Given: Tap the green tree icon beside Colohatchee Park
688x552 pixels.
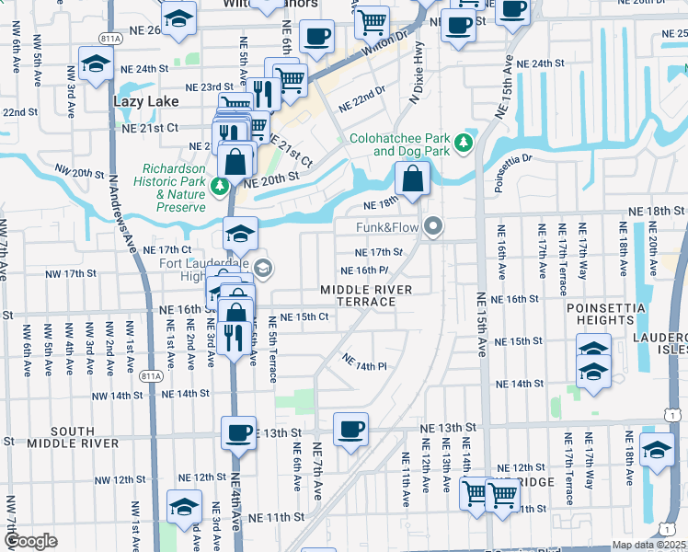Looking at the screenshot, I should (464, 143).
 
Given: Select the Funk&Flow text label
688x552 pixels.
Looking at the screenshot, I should (387, 226).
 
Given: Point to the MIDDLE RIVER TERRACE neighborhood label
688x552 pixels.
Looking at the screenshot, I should (365, 295).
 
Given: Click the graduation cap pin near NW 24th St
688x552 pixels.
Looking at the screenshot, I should (95, 65).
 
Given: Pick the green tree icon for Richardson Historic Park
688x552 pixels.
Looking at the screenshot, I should (219, 188).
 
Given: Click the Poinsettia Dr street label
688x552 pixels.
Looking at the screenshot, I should (514, 172).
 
